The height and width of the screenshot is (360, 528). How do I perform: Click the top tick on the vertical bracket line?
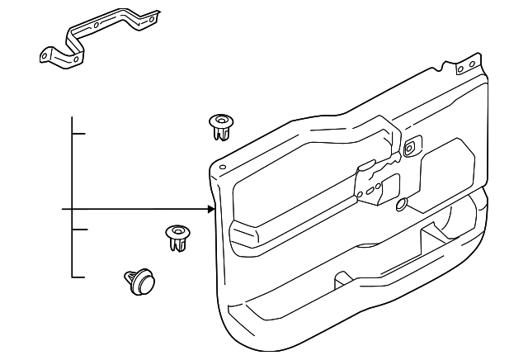(78, 132)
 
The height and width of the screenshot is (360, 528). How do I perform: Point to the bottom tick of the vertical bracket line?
(78, 277)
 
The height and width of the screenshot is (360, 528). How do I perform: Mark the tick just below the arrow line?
(78, 230)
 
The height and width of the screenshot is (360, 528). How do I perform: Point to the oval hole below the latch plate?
(401, 204)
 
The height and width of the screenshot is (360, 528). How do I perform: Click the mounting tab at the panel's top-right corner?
(469, 64)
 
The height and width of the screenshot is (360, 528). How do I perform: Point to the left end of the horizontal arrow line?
(64, 209)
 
